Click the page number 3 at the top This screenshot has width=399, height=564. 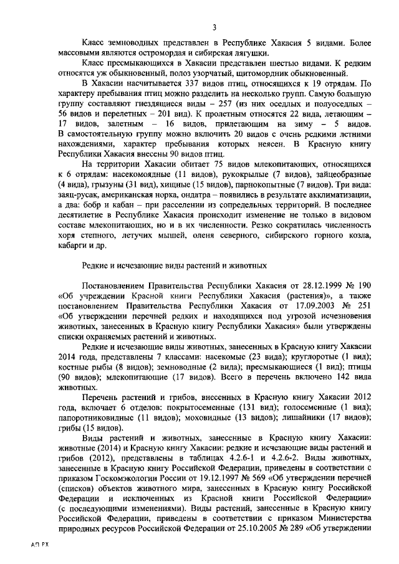tap(214, 26)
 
